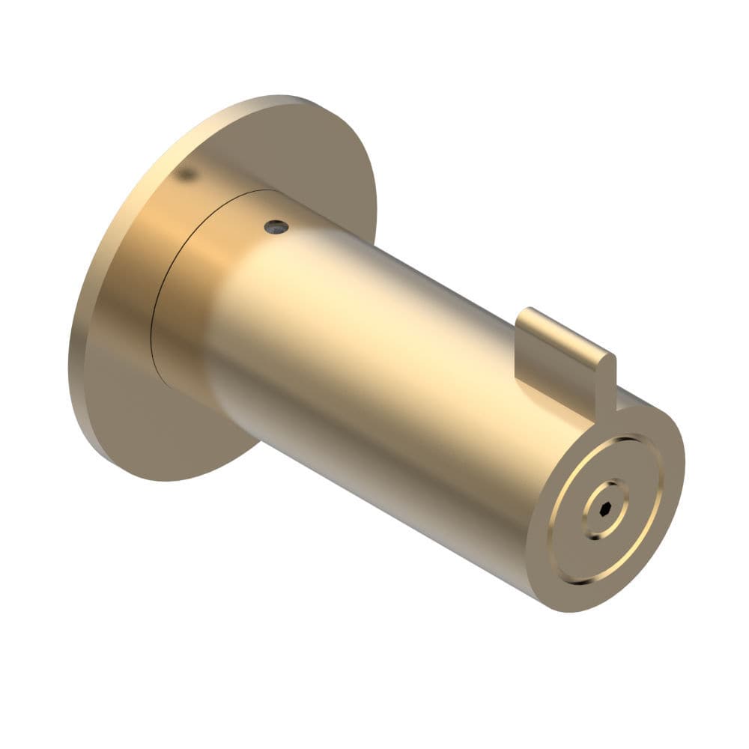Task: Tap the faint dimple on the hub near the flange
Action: [x=187, y=174]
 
